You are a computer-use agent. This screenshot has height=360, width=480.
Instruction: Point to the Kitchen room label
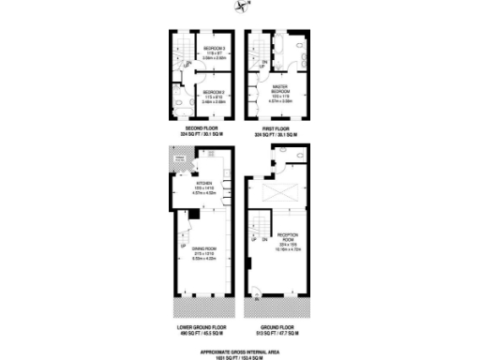[x=204, y=184]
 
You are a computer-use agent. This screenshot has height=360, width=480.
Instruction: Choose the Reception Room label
[x=288, y=238]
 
